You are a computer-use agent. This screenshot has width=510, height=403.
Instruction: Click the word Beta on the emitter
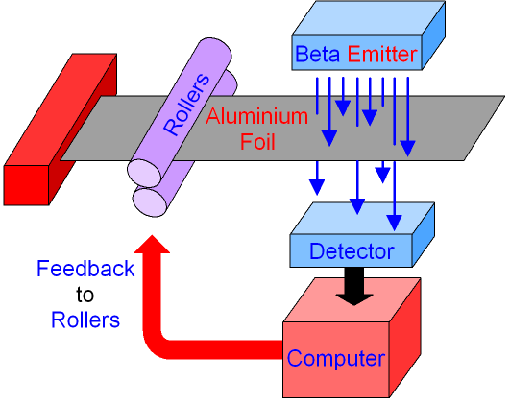[x=317, y=55]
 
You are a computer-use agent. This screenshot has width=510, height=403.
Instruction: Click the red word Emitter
[x=382, y=55]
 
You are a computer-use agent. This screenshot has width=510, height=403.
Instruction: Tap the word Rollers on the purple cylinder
[x=186, y=104]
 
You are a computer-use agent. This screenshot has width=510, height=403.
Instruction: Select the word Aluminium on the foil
[x=256, y=116]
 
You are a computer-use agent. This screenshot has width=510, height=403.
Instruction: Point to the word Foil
[x=257, y=142]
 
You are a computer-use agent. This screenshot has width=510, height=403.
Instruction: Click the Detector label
[x=352, y=251]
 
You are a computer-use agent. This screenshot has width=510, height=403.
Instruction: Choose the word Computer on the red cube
[x=336, y=359]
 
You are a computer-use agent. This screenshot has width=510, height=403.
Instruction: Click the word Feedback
[x=85, y=269]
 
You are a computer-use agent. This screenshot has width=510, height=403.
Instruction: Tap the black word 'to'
[x=85, y=295]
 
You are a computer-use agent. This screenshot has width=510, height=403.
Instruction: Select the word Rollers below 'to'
[x=85, y=320]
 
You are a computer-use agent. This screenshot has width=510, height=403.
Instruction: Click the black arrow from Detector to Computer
[x=354, y=286]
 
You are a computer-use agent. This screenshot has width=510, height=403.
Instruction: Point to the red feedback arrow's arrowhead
[x=152, y=244]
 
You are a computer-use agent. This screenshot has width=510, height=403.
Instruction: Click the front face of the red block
[x=26, y=185]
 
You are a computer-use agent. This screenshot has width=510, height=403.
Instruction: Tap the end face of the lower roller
[x=150, y=202]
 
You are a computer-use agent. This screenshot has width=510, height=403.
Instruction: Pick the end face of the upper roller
[x=144, y=174]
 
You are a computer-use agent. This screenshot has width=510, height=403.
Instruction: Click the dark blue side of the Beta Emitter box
[x=433, y=36]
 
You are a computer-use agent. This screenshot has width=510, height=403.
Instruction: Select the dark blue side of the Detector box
[x=424, y=235]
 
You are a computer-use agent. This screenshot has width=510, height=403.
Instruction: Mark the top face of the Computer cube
[x=352, y=300]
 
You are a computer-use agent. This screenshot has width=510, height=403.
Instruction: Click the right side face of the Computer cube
[x=405, y=338]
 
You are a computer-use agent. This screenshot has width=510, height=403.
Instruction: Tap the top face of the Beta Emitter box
[x=369, y=18]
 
